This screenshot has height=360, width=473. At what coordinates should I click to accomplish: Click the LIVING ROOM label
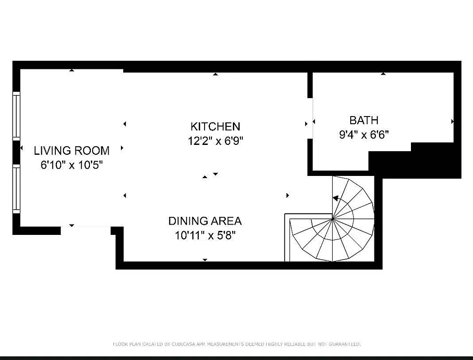click(x=71, y=150)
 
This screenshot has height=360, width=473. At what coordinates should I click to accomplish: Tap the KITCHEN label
click(x=215, y=126)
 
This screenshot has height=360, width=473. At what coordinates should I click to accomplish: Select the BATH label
click(x=364, y=120)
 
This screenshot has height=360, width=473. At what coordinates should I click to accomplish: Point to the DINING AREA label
click(x=205, y=221)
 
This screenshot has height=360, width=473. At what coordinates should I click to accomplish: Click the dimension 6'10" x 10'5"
click(x=72, y=165)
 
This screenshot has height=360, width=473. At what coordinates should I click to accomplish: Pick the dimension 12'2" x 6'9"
click(x=215, y=141)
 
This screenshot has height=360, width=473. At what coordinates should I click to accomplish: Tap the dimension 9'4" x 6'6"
click(x=364, y=134)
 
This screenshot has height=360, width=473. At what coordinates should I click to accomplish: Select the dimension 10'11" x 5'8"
click(x=205, y=235)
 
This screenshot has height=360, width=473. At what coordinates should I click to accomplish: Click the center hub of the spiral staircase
click(x=333, y=219)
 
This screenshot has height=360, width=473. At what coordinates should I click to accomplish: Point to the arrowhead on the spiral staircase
click(x=335, y=198)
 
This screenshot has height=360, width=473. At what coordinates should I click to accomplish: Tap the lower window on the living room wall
click(x=17, y=188)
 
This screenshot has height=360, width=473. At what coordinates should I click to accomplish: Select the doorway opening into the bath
click(x=310, y=118)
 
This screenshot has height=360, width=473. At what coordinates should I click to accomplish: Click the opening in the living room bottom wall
click(x=85, y=230)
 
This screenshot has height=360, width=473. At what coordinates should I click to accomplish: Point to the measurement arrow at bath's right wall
click(x=452, y=121)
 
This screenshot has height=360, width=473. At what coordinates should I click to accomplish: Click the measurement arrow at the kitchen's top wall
click(x=215, y=74)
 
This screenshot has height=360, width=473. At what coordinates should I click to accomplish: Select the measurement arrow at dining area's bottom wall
click(x=205, y=260)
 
